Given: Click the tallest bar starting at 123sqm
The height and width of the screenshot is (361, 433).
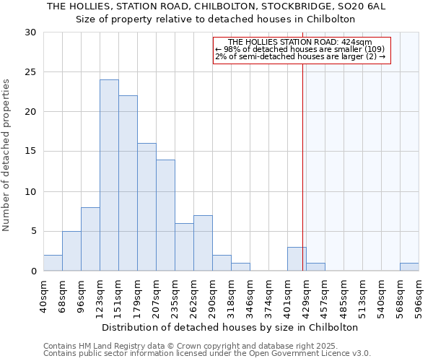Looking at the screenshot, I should [x=109, y=175].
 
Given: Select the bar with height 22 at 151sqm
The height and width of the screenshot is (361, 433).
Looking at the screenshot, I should [x=128, y=183].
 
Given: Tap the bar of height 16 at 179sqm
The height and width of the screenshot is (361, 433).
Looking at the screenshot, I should [x=146, y=207].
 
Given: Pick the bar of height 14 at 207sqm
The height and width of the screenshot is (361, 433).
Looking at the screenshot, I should [x=165, y=215].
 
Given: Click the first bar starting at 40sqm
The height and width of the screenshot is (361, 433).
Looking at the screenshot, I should [x=53, y=264].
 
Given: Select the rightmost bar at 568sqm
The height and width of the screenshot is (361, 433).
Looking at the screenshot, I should [x=409, y=267].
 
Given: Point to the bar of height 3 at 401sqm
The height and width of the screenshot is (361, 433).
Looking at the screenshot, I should [x=297, y=259].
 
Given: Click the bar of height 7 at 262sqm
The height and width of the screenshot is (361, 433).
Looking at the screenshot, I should [x=203, y=243].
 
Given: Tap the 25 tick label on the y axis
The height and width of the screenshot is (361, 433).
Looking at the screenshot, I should [x=30, y=72].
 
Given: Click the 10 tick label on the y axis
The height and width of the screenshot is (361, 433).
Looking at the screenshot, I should [x=30, y=192].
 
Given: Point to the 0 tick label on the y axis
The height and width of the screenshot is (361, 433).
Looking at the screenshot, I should [x=33, y=271].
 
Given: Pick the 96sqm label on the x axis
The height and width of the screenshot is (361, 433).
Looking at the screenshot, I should [x=82, y=294].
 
